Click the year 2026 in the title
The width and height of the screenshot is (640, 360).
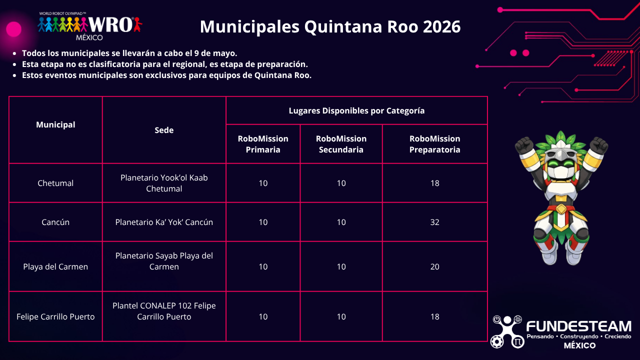coord(441,26)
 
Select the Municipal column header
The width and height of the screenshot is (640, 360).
coord(55,124)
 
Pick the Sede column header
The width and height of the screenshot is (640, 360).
coord(164,130)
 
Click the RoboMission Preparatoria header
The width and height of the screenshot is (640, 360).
coord(434,144)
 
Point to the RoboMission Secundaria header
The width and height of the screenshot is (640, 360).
coord(341,144)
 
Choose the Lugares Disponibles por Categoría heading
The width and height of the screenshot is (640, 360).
coord(356,110)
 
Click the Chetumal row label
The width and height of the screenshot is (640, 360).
coord(55,183)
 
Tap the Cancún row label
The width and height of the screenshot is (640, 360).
coord(55,222)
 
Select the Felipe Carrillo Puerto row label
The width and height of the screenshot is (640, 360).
coord(55,316)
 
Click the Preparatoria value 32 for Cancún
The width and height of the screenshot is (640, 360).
coord(434,222)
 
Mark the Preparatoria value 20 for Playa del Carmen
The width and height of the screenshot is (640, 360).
coord(434,266)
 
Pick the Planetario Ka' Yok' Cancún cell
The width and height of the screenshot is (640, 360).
coord(164,222)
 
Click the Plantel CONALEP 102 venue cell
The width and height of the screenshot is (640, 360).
coord(164,311)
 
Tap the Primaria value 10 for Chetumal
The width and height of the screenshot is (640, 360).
coord(263,183)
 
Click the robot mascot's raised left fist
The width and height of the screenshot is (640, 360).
coord(524,146)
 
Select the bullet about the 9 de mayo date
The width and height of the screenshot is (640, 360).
coord(129,53)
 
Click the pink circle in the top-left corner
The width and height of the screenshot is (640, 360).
coord(13,29)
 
